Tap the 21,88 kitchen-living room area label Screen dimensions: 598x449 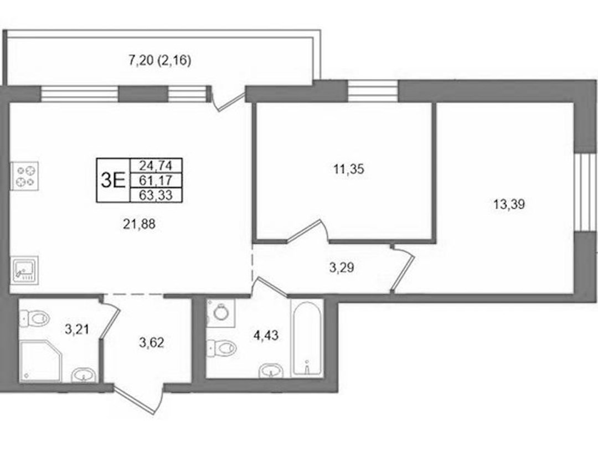(139, 224)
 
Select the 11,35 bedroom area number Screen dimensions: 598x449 (349, 169)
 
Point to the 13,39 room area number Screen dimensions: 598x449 (509, 204)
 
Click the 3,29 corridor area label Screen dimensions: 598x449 (342, 267)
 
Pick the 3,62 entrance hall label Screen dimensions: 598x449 (151, 343)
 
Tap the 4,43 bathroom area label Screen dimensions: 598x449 (266, 336)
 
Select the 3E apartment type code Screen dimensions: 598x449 (113, 180)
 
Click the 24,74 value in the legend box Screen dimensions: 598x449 (156, 166)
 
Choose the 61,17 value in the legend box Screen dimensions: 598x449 (156, 180)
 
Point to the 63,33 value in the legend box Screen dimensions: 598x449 (156, 195)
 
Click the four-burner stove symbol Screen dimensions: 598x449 (25, 176)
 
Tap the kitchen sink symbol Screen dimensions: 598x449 (25, 270)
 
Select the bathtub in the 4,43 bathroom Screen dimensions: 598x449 (307, 338)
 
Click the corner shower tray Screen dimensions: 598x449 (40, 360)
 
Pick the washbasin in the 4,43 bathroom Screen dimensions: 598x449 (271, 371)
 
